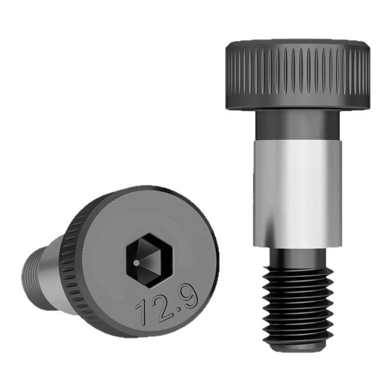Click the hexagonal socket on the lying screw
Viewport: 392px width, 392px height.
(149, 261)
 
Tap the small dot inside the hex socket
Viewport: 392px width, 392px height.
(136, 263)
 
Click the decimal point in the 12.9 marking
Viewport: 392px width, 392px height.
(178, 309)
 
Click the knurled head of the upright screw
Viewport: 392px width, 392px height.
(298, 74)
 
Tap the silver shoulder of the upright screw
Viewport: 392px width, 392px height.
(297, 194)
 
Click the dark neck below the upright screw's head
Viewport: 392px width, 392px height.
(297, 125)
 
